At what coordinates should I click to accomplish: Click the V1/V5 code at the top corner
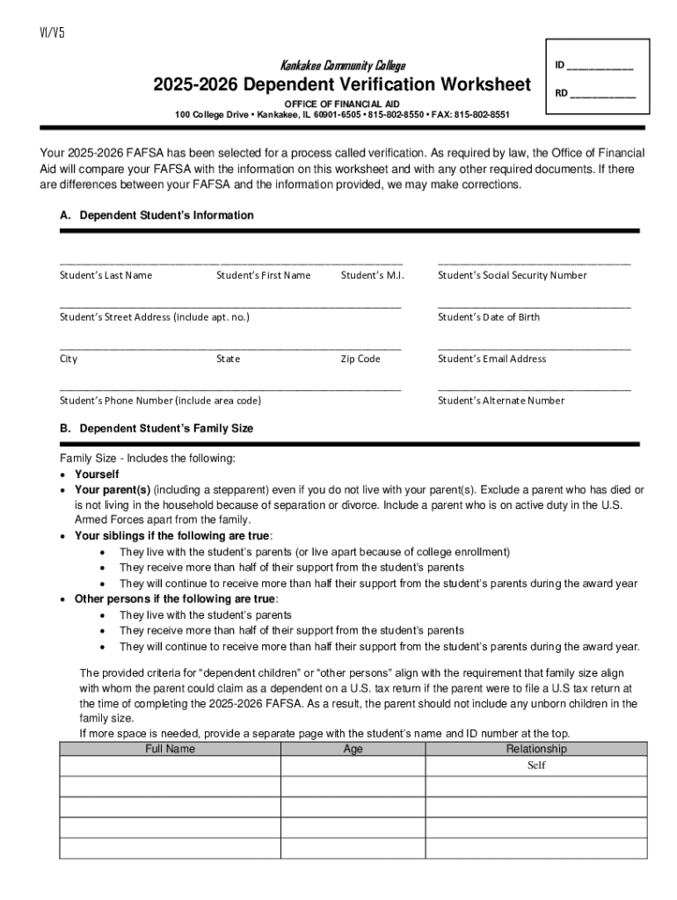click(x=52, y=33)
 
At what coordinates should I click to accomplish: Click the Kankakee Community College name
click(x=342, y=66)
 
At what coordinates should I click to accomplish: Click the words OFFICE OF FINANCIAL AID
click(x=341, y=104)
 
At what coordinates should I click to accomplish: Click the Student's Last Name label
click(x=106, y=275)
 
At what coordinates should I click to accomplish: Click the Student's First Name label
click(x=263, y=275)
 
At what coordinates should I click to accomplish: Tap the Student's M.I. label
click(x=372, y=275)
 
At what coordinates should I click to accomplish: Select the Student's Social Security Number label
click(x=512, y=275)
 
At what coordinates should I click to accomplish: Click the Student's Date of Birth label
click(x=489, y=316)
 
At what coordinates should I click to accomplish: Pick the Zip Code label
click(x=360, y=359)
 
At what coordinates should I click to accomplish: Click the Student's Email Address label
click(x=491, y=359)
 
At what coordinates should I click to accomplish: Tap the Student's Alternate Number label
click(x=501, y=401)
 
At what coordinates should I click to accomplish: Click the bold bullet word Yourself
click(x=98, y=474)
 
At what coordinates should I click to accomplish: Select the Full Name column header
click(x=170, y=749)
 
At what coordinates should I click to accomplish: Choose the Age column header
click(x=353, y=749)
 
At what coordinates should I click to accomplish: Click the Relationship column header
click(x=536, y=749)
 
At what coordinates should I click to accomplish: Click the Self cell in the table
click(x=536, y=766)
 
